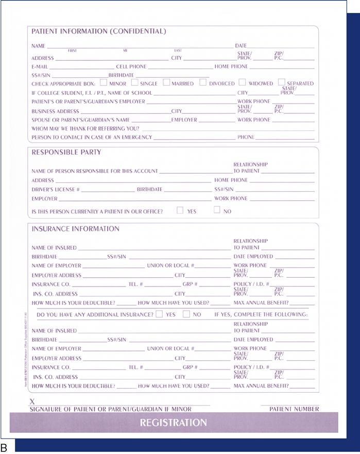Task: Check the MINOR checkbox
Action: click(x=104, y=82)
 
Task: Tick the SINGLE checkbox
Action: click(x=135, y=82)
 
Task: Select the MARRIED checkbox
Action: click(x=166, y=82)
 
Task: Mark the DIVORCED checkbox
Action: click(x=203, y=82)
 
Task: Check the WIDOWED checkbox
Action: click(x=242, y=82)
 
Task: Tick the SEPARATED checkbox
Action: click(x=281, y=82)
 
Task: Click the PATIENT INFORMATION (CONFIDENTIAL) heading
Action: click(x=99, y=31)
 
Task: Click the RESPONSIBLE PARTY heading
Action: click(x=66, y=153)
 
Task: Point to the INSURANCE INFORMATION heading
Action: click(x=75, y=229)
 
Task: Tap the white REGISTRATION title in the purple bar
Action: click(x=174, y=423)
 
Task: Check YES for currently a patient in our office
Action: click(x=180, y=210)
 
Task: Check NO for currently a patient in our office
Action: click(x=217, y=210)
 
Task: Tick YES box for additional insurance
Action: click(x=159, y=314)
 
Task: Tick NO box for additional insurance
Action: click(x=186, y=314)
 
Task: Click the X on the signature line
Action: click(x=33, y=401)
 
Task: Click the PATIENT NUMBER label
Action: click(x=294, y=409)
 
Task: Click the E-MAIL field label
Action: click(x=40, y=67)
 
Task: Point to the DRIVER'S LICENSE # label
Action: click(x=56, y=190)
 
